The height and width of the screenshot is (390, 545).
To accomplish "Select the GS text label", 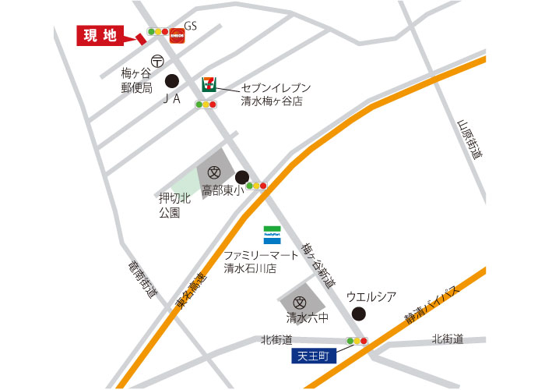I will click(x=191, y=26).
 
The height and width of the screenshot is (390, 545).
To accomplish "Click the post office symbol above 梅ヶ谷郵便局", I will click(x=157, y=60).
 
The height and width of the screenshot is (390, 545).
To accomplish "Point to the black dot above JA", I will click(x=171, y=80).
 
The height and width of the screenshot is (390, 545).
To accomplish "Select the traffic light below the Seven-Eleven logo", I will click(x=206, y=104).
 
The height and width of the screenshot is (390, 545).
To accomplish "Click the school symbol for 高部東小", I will click(x=213, y=172).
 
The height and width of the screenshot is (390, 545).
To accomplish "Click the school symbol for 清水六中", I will click(x=299, y=303).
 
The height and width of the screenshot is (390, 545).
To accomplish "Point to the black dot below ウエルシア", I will click(x=358, y=314).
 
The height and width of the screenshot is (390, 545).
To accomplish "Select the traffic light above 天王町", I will click(x=357, y=341).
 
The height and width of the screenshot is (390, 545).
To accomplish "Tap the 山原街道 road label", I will click(x=469, y=140).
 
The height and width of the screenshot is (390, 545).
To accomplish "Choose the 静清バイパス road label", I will click(x=432, y=305).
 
